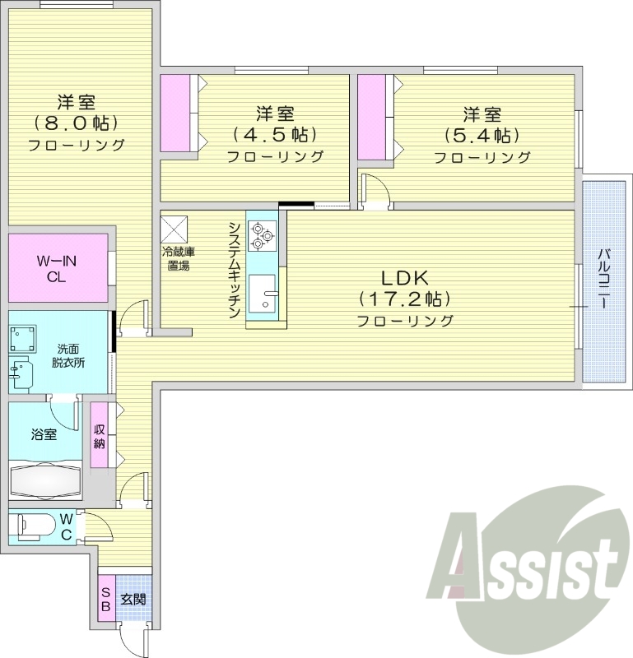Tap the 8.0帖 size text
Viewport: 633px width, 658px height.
(x=76, y=124)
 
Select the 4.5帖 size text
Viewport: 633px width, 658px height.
(x=274, y=134)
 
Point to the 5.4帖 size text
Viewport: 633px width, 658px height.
(x=482, y=134)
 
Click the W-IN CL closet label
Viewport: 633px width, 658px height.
(x=56, y=269)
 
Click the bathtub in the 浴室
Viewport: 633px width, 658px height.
(x=45, y=479)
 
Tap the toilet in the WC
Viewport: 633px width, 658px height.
(x=33, y=524)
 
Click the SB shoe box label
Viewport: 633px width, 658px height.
(x=106, y=600)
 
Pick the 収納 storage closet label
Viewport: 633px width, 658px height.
(x=100, y=436)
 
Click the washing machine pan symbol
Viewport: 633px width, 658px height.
(x=22, y=338)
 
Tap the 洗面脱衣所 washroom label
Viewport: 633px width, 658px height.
(x=69, y=354)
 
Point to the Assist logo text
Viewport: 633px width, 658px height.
(x=531, y=568)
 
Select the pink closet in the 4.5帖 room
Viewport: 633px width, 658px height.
(x=175, y=113)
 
